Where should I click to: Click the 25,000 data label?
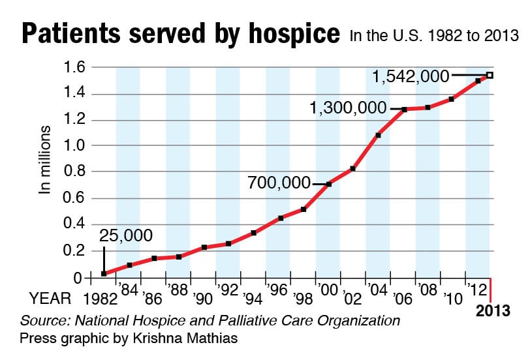tap(126, 234)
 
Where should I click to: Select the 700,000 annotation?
tap(279, 183)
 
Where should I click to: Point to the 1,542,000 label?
tap(411, 76)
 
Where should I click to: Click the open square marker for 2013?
tap(490, 76)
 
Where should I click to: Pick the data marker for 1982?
tap(104, 274)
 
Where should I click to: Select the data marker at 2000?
tap(329, 184)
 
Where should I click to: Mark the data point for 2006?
tap(404, 110)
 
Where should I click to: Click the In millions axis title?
tap(46, 160)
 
